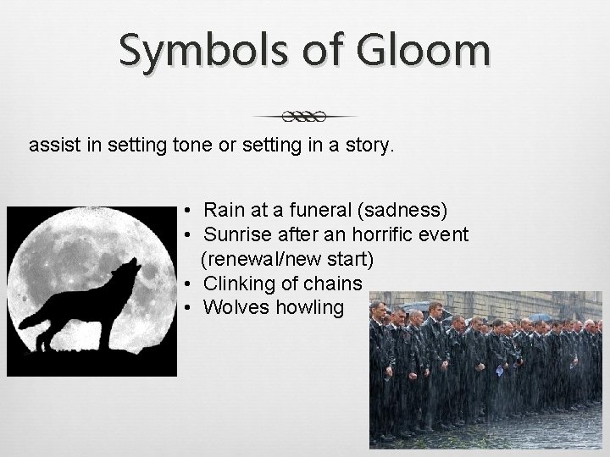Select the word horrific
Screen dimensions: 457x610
(x=371, y=234)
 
